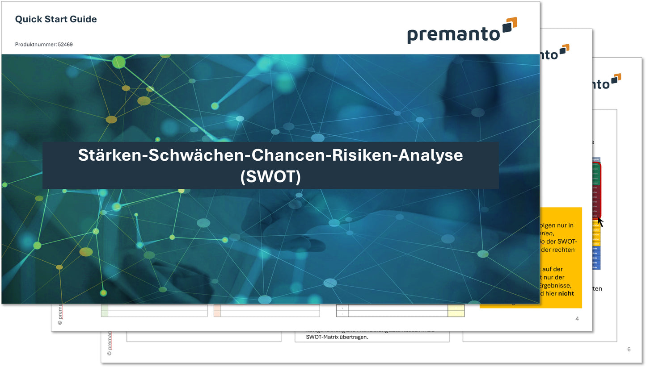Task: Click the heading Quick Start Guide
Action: click(56, 19)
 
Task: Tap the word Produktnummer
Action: click(35, 45)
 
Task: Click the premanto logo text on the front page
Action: click(452, 34)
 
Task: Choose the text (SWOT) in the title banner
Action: click(270, 176)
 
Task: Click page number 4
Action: click(577, 319)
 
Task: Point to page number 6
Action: click(629, 349)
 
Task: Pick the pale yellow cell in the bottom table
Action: click(456, 310)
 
